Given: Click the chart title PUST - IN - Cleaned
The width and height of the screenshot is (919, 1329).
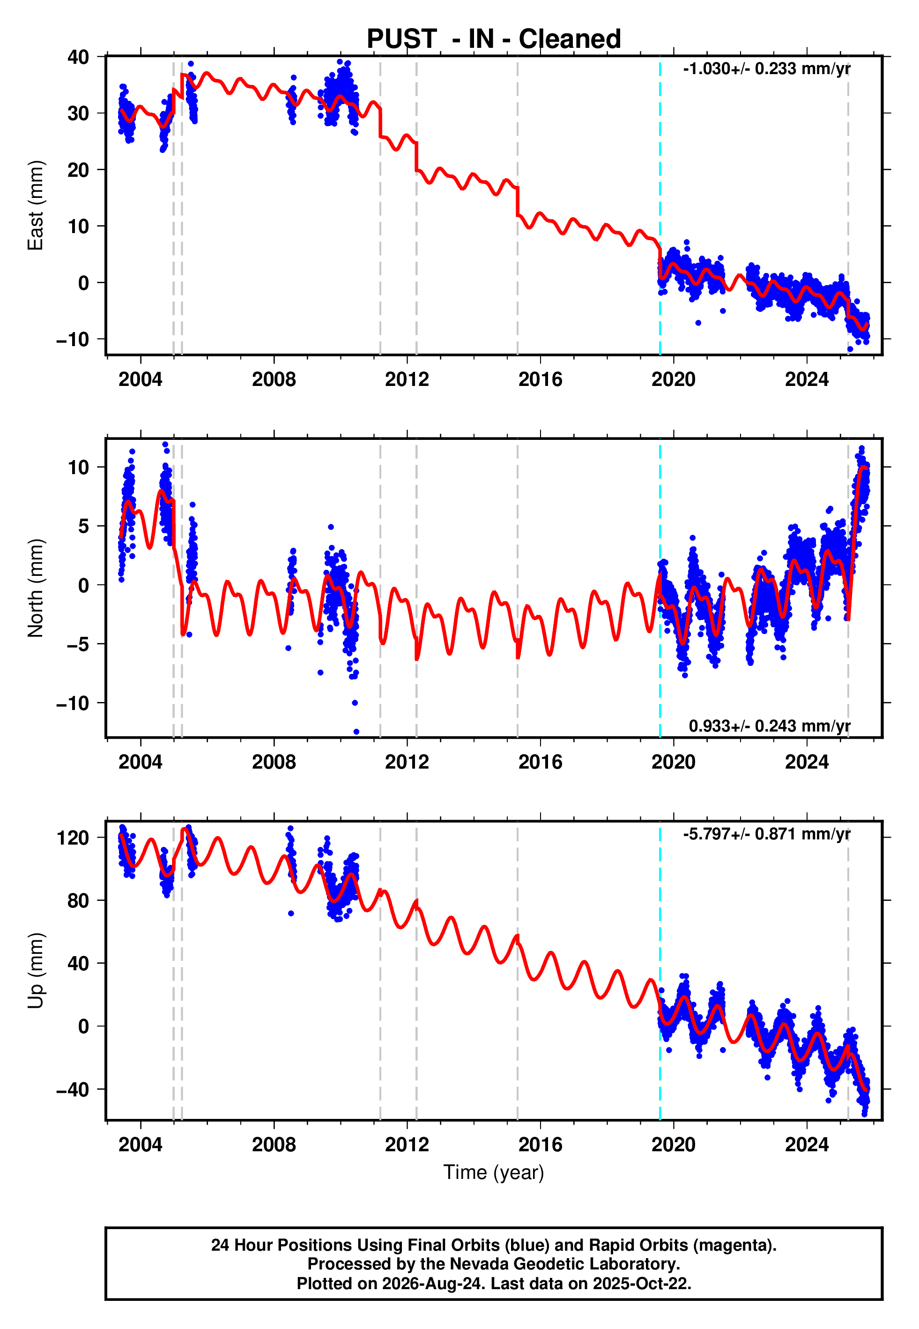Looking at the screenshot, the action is pyautogui.click(x=494, y=39).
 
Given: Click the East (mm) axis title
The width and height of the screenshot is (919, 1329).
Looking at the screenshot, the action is pyautogui.click(x=36, y=205).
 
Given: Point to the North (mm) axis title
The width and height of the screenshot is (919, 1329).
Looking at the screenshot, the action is pyautogui.click(x=36, y=588).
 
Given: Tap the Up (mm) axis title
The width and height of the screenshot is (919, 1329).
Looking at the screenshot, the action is pyautogui.click(x=36, y=971).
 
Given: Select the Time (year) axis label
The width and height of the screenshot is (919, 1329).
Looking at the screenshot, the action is pyautogui.click(x=494, y=1173).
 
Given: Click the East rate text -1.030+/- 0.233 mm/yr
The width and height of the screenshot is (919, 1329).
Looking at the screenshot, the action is pyautogui.click(x=766, y=68).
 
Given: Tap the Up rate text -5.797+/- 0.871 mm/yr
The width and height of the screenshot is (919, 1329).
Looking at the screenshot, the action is pyautogui.click(x=766, y=834).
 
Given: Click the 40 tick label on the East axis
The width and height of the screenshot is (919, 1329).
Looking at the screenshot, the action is pyautogui.click(x=78, y=57).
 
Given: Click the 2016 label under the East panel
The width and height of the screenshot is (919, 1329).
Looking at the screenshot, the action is pyautogui.click(x=540, y=379).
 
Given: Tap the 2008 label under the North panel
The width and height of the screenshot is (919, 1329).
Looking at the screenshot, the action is pyautogui.click(x=274, y=762).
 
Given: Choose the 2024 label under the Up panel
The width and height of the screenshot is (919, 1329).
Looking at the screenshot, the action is pyautogui.click(x=807, y=1145).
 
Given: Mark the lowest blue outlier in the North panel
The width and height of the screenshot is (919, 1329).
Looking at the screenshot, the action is pyautogui.click(x=356, y=732).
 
